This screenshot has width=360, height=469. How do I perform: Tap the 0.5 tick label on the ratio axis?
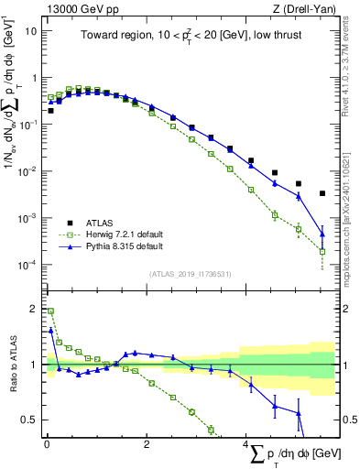[x=29, y=420]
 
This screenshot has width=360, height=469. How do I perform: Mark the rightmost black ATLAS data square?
[x=322, y=193]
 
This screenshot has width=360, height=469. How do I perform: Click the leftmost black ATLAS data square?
[x=51, y=110]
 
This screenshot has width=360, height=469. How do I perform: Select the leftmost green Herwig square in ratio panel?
[x=51, y=311]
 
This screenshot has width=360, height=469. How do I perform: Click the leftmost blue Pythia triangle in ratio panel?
[x=51, y=330]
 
